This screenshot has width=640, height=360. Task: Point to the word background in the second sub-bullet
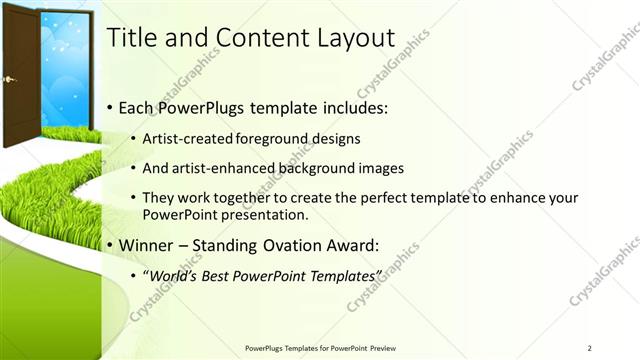point(299,167)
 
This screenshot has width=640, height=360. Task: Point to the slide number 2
point(590,348)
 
